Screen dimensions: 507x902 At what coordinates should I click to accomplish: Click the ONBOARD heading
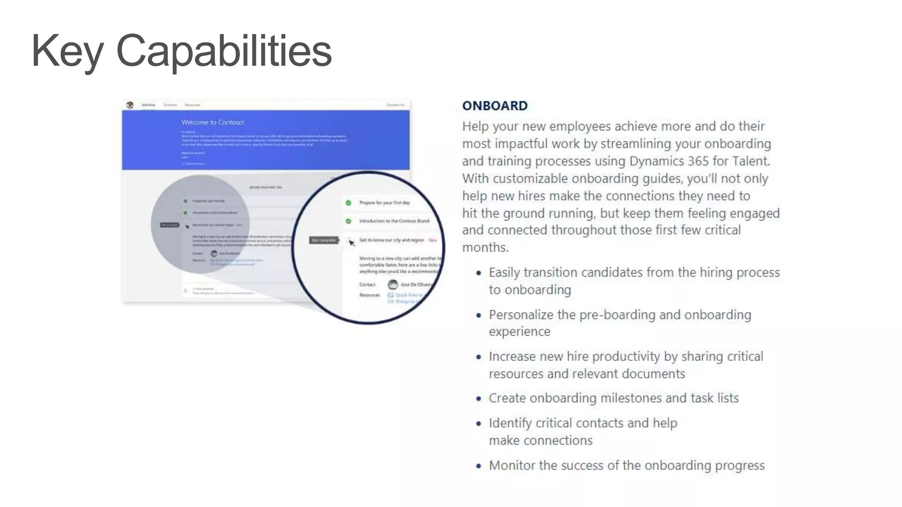495,106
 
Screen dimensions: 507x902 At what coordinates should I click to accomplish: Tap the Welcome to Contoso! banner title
213,122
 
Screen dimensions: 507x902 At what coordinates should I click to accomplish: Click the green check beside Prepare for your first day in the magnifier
348,202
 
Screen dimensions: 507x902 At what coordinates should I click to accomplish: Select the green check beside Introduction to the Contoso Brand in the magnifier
348,221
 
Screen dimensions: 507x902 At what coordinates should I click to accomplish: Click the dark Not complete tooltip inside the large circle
324,240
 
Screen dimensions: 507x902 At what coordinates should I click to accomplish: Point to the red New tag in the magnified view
433,240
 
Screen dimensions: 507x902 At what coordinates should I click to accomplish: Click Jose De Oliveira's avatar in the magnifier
392,284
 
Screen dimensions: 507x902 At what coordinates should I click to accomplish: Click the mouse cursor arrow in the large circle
351,242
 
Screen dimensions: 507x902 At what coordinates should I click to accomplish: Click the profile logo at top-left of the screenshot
129,105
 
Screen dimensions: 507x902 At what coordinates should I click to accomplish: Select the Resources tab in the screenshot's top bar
192,105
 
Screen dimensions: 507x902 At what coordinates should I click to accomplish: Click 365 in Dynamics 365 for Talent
698,161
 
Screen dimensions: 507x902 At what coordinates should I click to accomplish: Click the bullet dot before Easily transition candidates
479,273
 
